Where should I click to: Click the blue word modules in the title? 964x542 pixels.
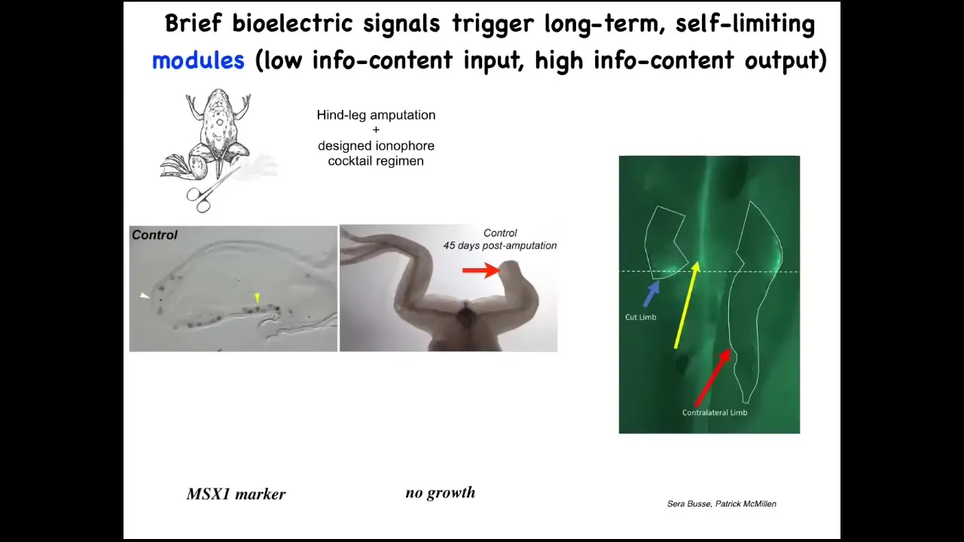pos(198,59)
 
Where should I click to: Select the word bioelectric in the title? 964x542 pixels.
pos(293,23)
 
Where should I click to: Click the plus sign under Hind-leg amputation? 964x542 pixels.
pos(376,130)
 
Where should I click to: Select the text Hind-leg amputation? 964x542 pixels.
pos(376,115)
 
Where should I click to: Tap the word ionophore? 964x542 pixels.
pos(404,146)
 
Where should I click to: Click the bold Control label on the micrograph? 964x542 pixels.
pos(154,235)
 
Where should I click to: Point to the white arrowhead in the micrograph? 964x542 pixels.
pos(145,296)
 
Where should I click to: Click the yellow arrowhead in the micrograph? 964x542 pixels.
pos(258,297)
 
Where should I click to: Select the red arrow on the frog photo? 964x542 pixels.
pos(481,270)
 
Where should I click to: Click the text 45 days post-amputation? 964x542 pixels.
pos(500,245)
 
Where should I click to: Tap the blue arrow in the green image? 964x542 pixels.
pos(651,293)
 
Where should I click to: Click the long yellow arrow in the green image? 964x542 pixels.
pos(686,305)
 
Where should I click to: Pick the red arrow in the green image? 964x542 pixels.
pos(712,377)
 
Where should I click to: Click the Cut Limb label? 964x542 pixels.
pos(640,318)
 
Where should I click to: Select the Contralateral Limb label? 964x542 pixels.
pos(715,413)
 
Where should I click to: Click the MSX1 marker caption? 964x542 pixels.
pos(236,494)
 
